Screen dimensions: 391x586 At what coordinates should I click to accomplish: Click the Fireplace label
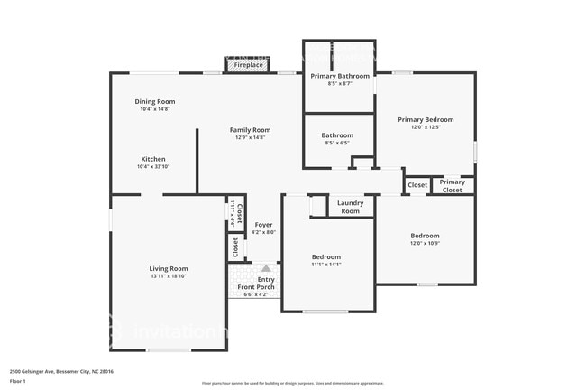coord(249,65)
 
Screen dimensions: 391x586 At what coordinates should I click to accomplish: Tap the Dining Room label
coord(155,102)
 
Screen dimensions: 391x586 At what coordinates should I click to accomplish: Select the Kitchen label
coord(153,159)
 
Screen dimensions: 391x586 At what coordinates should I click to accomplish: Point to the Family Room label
coord(250,130)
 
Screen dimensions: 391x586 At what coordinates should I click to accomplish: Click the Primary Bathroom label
coord(340,76)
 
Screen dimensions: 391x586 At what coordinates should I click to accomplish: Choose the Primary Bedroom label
coord(426,119)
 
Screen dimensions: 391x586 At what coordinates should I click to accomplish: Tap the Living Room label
coord(169,268)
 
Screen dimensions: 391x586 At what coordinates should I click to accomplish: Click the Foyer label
coord(263,225)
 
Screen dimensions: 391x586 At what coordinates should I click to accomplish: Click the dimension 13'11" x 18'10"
coord(169,276)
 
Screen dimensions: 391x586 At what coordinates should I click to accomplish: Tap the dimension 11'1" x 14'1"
coord(326,265)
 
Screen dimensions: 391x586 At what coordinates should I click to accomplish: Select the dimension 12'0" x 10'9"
coord(425,244)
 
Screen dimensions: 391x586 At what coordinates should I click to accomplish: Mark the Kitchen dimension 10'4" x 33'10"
coord(153,167)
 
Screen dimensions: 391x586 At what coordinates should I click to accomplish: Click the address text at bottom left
coord(61,371)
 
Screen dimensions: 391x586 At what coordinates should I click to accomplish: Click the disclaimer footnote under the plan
coord(293,384)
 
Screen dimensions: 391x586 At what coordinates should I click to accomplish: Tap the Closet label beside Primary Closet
coord(417,185)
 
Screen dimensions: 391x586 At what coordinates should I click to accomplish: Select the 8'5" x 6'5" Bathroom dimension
coord(336,143)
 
